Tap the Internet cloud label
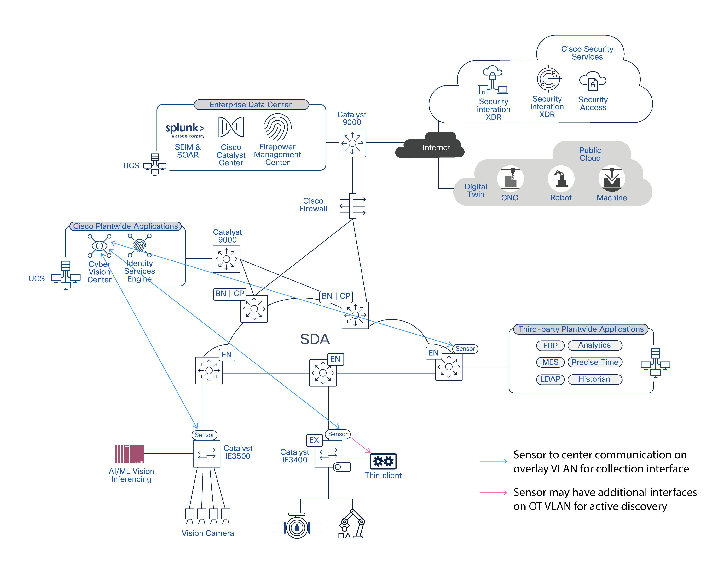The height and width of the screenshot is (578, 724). pos(436,148)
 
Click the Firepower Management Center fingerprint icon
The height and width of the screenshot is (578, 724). pos(277,127)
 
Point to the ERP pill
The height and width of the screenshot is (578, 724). pos(550,345)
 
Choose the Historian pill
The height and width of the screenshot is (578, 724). pos(594,379)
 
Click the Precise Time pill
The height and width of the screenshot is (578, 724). pos(595,362)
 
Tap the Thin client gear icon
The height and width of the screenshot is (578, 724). pos(383,461)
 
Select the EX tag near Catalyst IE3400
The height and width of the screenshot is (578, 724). pos(314,440)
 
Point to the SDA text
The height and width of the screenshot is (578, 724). pos(315,339)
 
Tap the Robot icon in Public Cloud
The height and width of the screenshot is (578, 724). pos(561,179)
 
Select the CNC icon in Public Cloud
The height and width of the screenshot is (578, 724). pos(510,179)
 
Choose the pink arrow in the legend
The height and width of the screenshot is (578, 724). pos(493,492)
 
